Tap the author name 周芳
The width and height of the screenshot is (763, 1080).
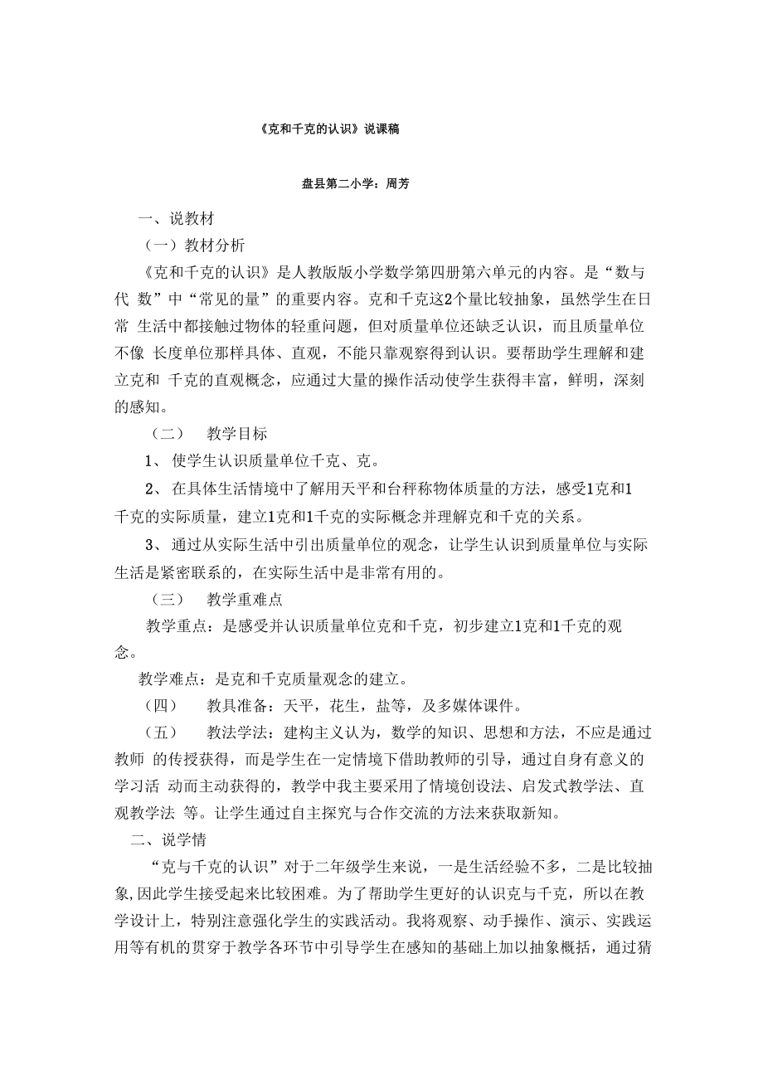tap(397, 184)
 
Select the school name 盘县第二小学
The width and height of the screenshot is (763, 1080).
tap(341, 184)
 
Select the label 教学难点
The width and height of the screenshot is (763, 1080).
tap(168, 680)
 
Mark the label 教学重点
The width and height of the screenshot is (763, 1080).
tap(177, 626)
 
